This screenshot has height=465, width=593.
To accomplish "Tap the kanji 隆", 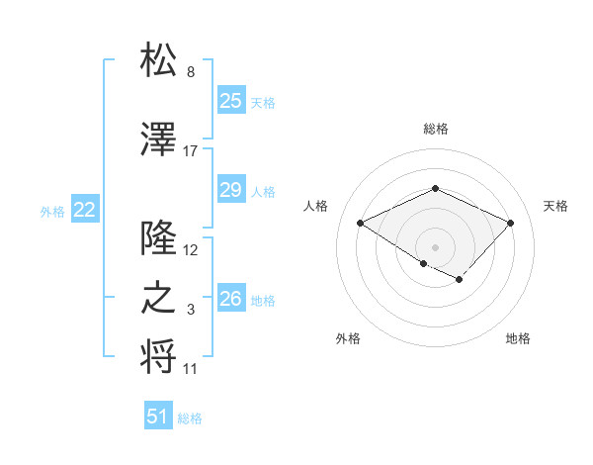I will (159, 239).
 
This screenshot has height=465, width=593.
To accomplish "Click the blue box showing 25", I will (230, 101).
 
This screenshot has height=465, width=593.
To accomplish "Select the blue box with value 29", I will (230, 190).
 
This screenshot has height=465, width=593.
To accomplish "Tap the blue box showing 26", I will (230, 299).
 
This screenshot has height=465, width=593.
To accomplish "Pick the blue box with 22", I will (84, 210).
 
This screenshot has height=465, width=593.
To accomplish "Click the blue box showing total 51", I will (158, 417).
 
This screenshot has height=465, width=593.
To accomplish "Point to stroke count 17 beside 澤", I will (191, 151).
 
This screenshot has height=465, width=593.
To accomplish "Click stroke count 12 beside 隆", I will (191, 250).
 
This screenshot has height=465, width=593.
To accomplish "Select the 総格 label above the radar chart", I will (435, 129).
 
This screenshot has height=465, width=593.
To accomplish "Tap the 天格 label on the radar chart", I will (555, 206).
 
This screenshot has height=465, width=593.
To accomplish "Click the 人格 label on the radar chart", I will (315, 206).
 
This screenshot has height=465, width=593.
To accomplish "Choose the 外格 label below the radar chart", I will (348, 339).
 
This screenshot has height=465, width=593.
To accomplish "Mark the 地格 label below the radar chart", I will (518, 339).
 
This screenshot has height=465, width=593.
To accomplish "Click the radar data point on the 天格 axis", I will (510, 223).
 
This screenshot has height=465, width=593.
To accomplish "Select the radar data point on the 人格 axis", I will (361, 223).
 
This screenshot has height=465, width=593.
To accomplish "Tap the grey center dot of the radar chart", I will (435, 246).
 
